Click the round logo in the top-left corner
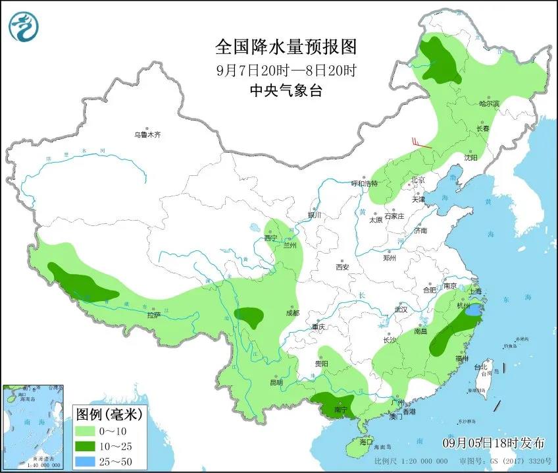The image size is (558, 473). coord(24,26)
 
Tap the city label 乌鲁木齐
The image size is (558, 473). coord(147,134)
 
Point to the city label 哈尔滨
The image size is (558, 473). coord(489,103)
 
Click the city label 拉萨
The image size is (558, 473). coord(153,316)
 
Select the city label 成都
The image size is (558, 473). coord(292,313)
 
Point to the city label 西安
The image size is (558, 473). coord(342,267)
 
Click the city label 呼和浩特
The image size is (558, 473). coord(365,183)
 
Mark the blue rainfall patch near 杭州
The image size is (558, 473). coord(472,309)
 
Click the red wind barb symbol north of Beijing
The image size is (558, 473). coord(420,143)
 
